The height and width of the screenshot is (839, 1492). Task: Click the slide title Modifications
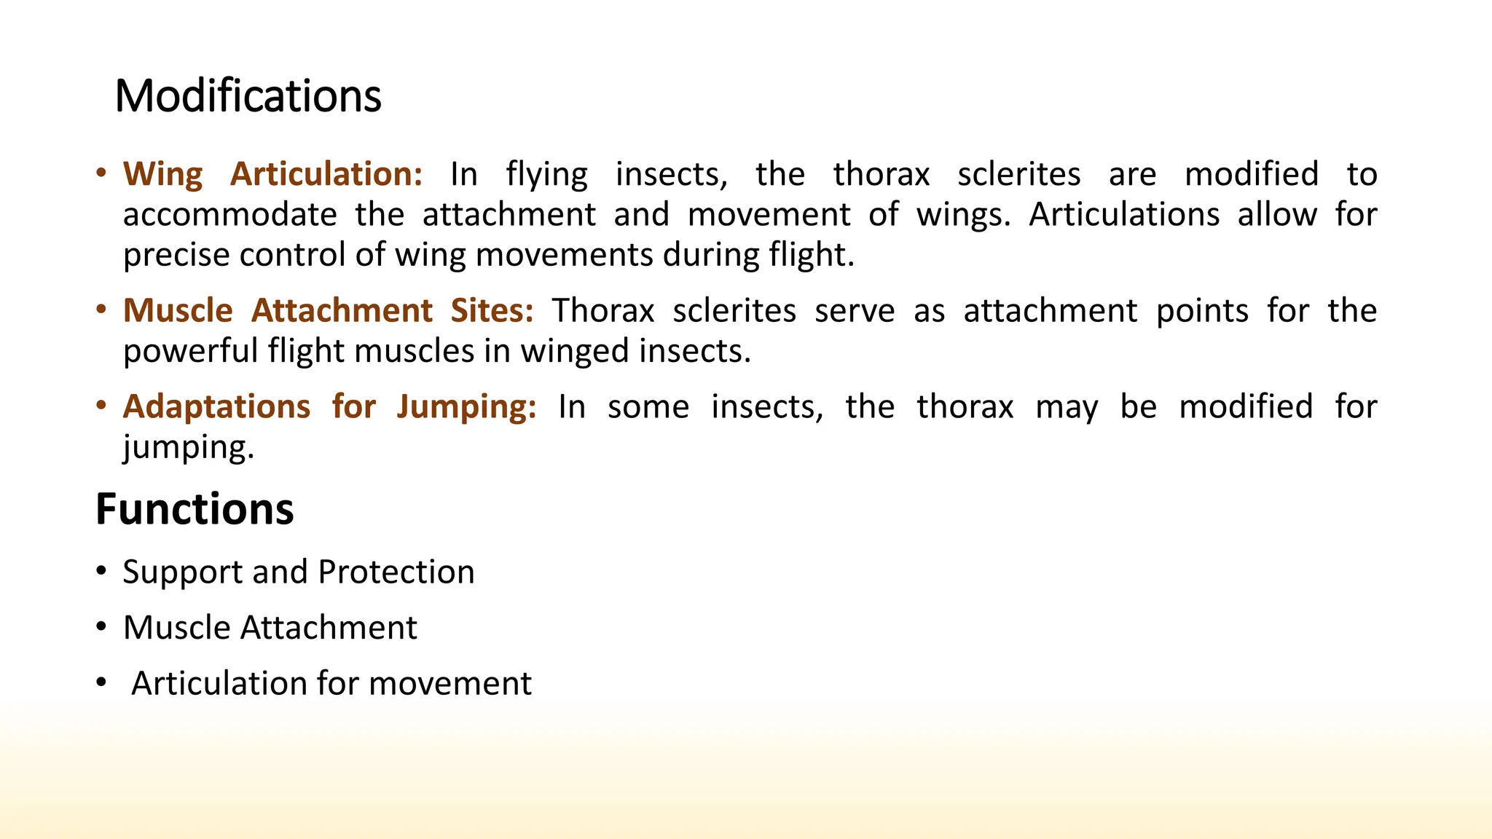pos(248,96)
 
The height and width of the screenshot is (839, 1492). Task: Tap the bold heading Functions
pos(195,509)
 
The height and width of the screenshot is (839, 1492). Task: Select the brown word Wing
pos(162,175)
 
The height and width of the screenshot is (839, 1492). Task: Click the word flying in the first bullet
pos(546,175)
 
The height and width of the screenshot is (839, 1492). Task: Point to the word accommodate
pos(229,215)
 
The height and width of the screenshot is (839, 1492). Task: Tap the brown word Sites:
pos(492,311)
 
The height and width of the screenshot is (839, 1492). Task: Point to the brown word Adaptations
pos(216,407)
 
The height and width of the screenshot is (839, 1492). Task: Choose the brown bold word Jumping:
pos(466,407)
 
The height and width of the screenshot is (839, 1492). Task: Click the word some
pos(648,407)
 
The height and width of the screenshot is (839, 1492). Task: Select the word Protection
pos(396,572)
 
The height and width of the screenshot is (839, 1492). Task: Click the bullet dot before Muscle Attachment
pos(101,627)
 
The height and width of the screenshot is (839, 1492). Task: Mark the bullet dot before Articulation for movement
pos(101,683)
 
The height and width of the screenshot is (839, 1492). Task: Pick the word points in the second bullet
pos(1202,311)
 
